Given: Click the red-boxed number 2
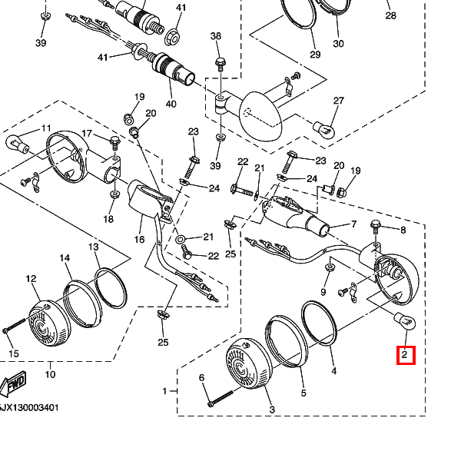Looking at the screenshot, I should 405,355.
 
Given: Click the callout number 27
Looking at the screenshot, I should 339,101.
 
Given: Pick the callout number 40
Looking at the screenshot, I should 171,104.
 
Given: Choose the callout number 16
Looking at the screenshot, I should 140,240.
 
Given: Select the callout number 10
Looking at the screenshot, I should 50,375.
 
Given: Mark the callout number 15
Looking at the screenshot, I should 12,353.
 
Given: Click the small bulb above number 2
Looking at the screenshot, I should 403,321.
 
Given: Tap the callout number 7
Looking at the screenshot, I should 353,224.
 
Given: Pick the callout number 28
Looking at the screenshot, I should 390,16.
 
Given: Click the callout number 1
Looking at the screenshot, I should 164,391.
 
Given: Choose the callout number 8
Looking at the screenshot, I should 402,229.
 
